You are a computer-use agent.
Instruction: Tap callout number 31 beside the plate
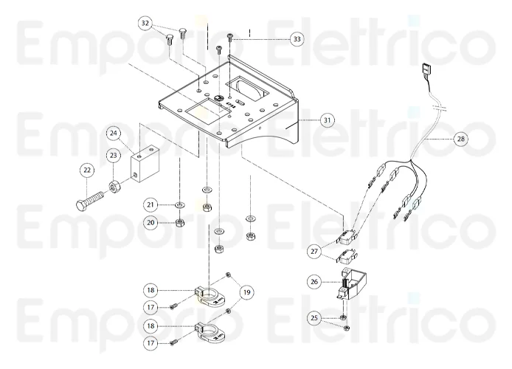(326, 119)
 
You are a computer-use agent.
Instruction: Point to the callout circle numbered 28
(460, 138)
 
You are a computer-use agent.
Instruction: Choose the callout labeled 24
(114, 134)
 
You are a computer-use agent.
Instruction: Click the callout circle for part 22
(88, 170)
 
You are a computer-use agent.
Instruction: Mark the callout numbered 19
(246, 292)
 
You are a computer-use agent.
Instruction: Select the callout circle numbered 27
(315, 252)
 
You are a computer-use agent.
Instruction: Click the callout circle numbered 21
(151, 204)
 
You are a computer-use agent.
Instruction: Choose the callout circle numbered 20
(151, 221)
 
